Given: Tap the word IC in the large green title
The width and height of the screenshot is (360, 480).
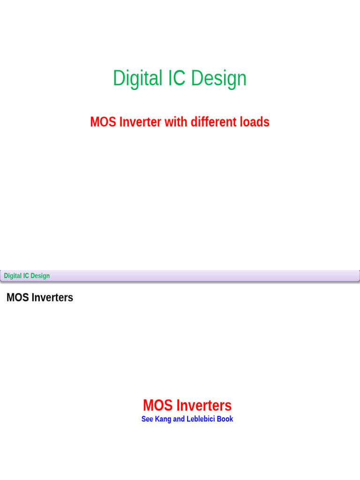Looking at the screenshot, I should [x=178, y=78].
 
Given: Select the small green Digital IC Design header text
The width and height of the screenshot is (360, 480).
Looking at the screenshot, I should [x=27, y=276].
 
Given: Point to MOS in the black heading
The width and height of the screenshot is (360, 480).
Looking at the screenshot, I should [x=18, y=298].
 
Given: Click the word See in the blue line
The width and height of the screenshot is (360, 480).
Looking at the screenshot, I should [x=147, y=419].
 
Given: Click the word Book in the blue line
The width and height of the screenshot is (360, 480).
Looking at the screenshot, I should [x=225, y=419].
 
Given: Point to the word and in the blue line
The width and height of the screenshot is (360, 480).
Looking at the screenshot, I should [x=179, y=419].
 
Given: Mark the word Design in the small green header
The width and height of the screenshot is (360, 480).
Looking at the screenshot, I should [x=40, y=276].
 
